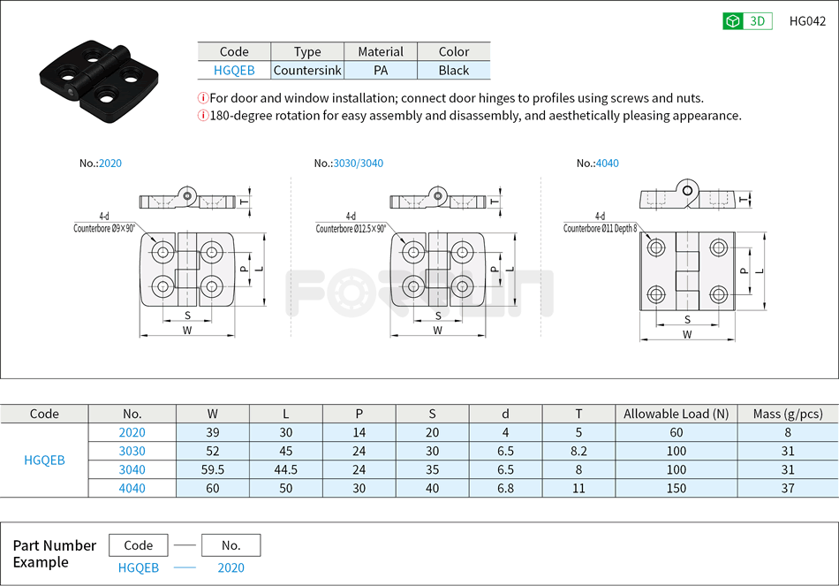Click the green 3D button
[x=747, y=21]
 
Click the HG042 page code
[x=807, y=21]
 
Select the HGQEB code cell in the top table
[x=234, y=71]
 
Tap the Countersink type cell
[x=307, y=71]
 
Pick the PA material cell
[x=381, y=71]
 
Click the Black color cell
[x=453, y=71]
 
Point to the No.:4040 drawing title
[x=598, y=164]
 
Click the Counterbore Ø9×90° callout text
[x=104, y=227]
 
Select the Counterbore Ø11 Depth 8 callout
[x=600, y=228]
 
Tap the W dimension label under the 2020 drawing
[x=187, y=331]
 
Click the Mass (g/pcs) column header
[x=787, y=414]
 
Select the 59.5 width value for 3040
[x=213, y=469]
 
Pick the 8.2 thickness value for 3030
[x=578, y=451]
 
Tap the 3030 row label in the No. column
[x=132, y=451]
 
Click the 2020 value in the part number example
[x=231, y=568]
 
